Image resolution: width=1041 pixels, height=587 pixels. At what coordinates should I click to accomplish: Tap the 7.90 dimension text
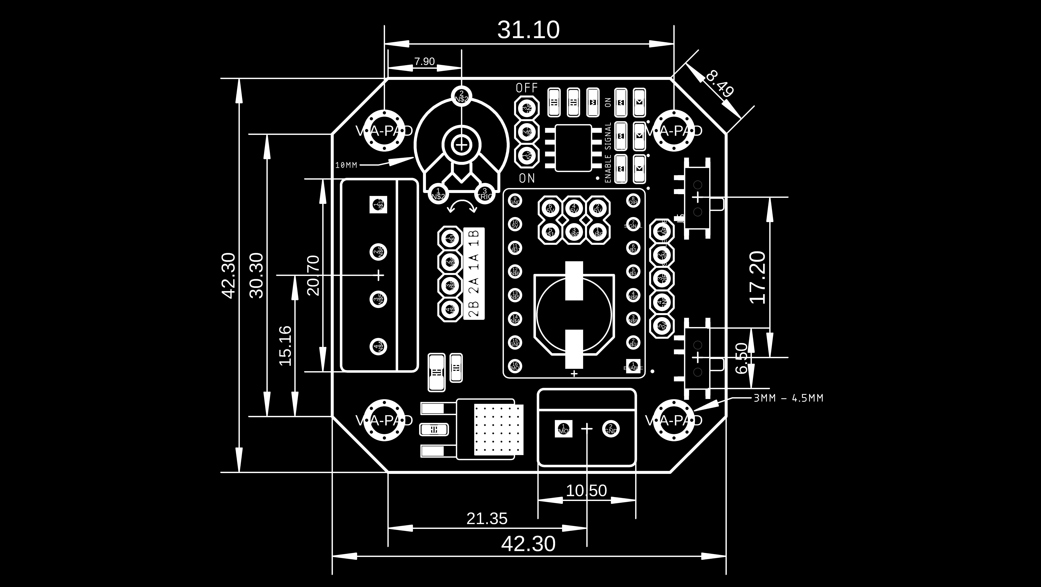coord(424,61)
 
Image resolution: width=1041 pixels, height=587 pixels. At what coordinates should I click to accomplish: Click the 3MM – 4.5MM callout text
coord(788,398)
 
